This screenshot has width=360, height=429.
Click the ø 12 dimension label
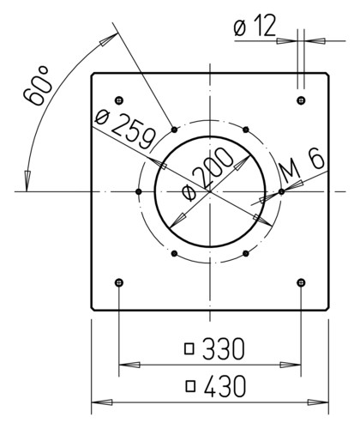click(x=255, y=26)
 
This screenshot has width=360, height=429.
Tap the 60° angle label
click(x=38, y=86)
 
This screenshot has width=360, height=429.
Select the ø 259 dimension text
click(x=126, y=130)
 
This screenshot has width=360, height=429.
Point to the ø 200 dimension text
click(x=207, y=174)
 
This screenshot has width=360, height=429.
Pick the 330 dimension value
click(x=224, y=349)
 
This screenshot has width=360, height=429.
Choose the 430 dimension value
click(x=225, y=387)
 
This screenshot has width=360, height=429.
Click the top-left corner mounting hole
click(x=119, y=100)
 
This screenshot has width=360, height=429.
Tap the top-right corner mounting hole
click(x=301, y=100)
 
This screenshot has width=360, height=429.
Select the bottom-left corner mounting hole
click(x=119, y=283)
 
